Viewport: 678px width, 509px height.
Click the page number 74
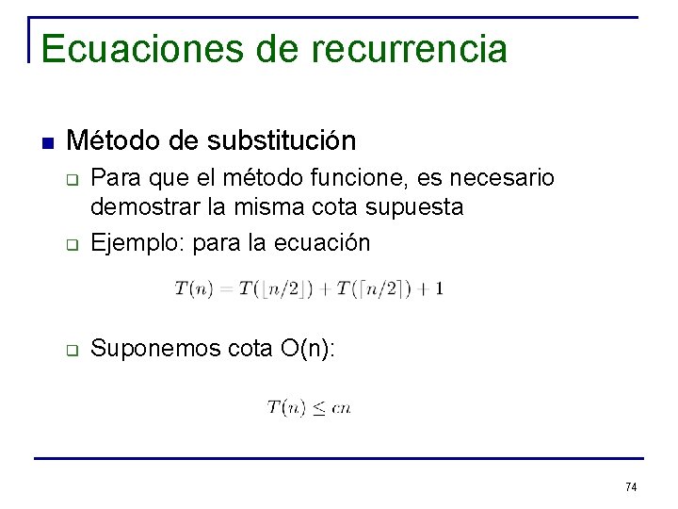pyautogui.click(x=631, y=486)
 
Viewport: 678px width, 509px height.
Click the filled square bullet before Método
pyautogui.click(x=48, y=142)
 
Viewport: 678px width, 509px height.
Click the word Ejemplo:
pyautogui.click(x=137, y=243)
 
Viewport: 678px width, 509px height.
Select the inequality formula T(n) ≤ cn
pyautogui.click(x=308, y=407)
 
